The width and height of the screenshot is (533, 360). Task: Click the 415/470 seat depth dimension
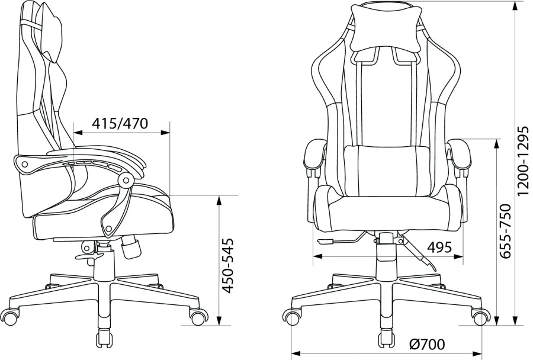tap(120, 123)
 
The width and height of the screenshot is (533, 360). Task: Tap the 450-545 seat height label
tap(228, 265)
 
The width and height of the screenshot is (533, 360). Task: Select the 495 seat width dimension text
tap(439, 247)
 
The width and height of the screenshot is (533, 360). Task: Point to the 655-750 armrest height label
tap(505, 231)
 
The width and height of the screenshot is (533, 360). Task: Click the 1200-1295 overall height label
tap(523, 161)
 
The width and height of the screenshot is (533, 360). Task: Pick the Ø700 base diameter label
tap(426, 345)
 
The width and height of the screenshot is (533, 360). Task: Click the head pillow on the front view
tap(386, 28)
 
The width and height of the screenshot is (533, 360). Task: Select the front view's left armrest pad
tap(314, 155)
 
